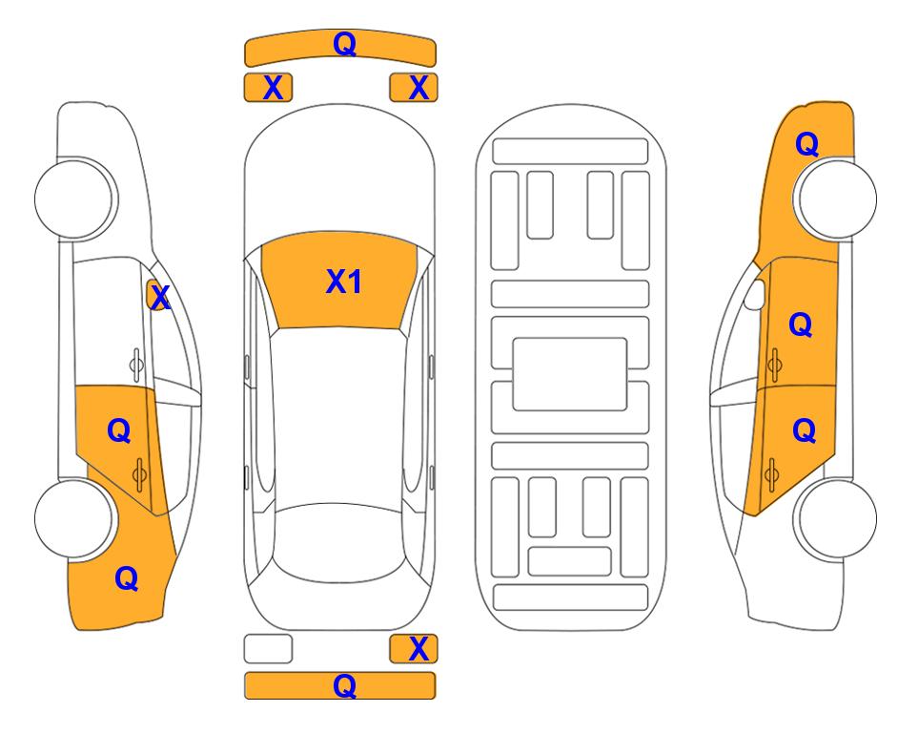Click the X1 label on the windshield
(x=344, y=281)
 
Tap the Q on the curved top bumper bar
(x=345, y=44)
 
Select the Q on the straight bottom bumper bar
(x=345, y=685)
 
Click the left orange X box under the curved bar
(x=268, y=88)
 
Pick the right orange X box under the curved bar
(x=414, y=88)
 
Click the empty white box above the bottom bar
(x=268, y=649)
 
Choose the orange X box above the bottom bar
(x=414, y=649)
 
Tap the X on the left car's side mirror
(x=160, y=297)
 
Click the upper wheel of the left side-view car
(x=75, y=199)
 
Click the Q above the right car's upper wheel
(x=806, y=144)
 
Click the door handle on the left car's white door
(x=136, y=366)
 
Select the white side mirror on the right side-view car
(x=755, y=294)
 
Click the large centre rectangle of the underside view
(x=570, y=374)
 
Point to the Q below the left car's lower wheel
(x=127, y=578)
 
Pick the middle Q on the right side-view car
(x=801, y=325)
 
